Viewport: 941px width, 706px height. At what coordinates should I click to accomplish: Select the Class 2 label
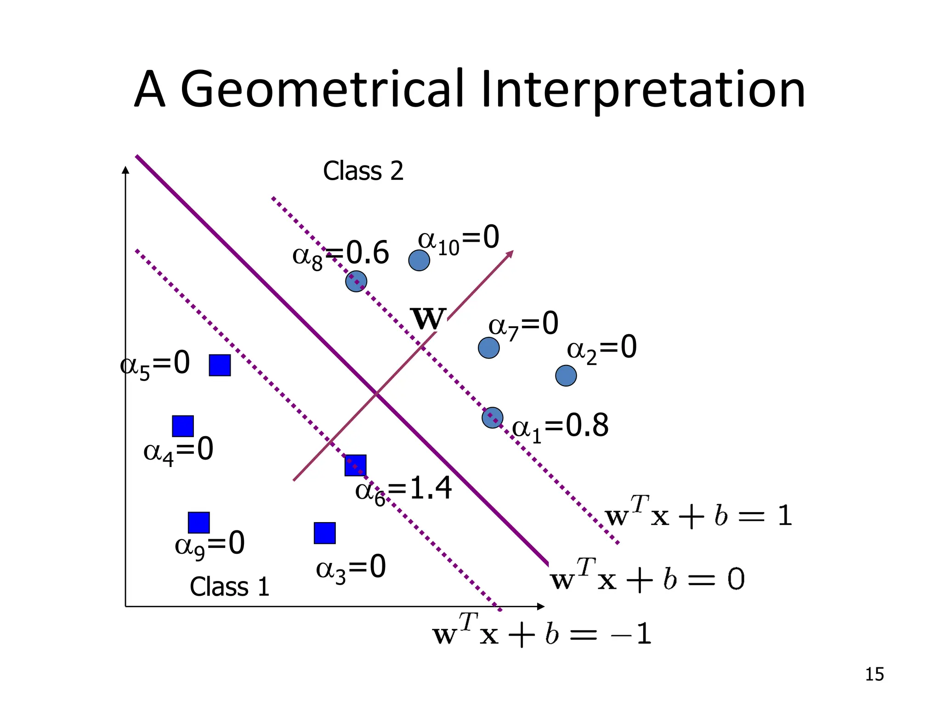[363, 171]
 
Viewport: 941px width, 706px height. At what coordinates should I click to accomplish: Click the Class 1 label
[229, 587]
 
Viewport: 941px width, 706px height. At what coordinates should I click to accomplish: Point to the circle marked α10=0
[419, 261]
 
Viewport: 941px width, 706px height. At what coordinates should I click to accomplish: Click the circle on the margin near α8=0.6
[356, 281]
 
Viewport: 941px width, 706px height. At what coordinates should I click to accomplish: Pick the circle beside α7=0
[489, 348]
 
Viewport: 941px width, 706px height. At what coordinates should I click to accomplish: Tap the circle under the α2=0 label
[566, 376]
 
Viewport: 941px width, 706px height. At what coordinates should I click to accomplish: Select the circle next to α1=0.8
[493, 418]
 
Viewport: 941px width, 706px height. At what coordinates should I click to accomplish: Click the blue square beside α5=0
[220, 365]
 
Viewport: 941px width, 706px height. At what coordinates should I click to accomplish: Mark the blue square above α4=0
[183, 426]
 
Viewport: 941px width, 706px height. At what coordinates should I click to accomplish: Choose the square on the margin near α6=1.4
[356, 465]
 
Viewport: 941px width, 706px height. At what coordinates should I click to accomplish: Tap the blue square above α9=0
[199, 523]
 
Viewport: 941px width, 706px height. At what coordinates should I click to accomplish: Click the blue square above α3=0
[325, 533]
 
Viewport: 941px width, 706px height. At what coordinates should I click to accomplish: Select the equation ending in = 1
[698, 516]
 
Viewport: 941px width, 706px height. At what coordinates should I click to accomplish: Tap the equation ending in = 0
[647, 579]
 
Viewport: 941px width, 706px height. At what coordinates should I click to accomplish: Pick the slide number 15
[874, 674]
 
